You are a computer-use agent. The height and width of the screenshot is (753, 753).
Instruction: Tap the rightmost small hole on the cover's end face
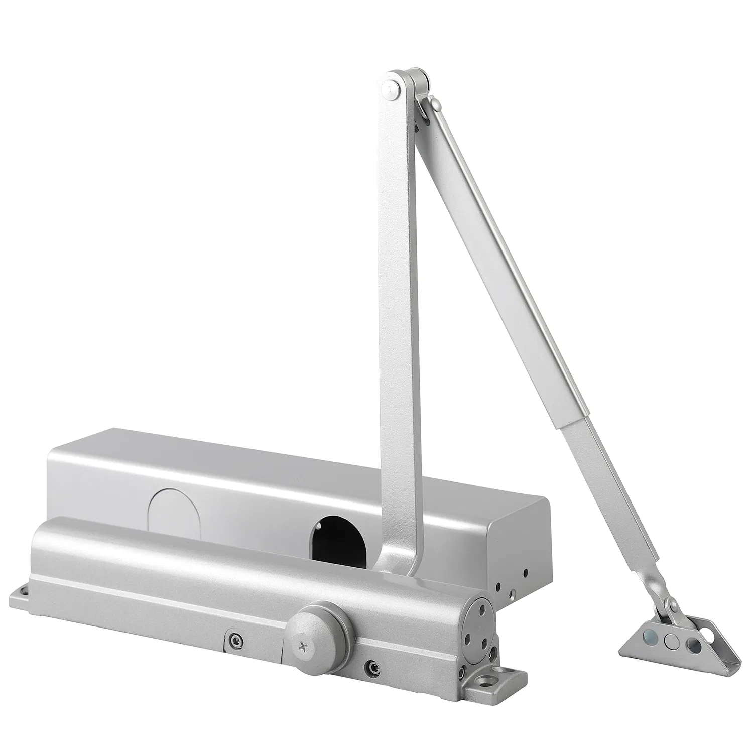tap(526, 572)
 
